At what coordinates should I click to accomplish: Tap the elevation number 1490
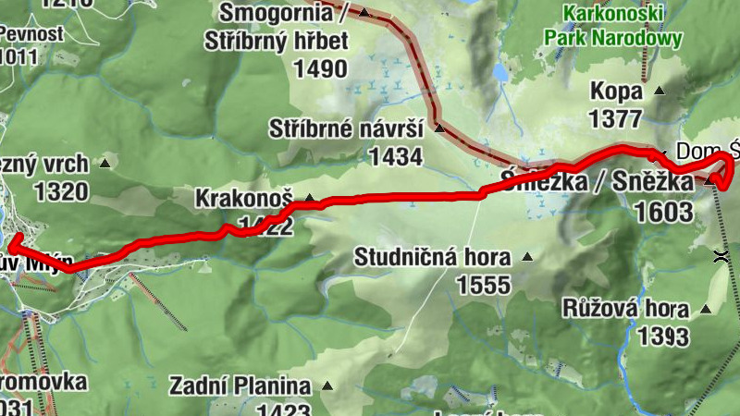[x=320, y=69]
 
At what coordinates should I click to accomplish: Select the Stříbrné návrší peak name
[x=346, y=128]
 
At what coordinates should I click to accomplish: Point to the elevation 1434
[x=395, y=156]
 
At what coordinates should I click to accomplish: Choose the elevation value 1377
[x=614, y=118]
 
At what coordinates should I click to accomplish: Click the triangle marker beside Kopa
[x=659, y=92]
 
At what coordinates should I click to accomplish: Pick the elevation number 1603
[x=663, y=212]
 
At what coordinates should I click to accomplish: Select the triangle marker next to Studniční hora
[x=527, y=256]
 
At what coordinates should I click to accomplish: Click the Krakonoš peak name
[x=244, y=199]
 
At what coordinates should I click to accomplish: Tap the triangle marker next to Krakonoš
[x=310, y=198]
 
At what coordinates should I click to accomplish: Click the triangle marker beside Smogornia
[x=364, y=13]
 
